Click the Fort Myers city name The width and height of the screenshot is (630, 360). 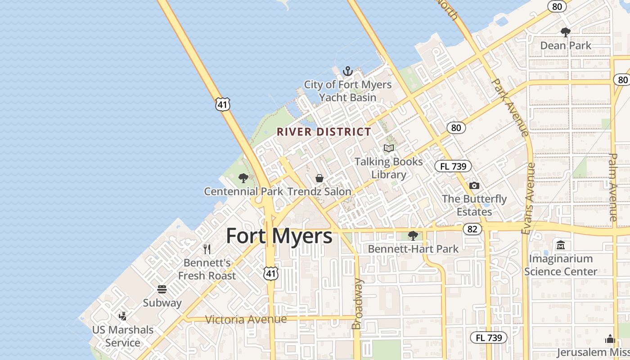[279, 236]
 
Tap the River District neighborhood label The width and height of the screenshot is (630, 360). [324, 132]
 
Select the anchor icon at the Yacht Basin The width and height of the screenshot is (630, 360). [347, 71]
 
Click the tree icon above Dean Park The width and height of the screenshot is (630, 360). [566, 32]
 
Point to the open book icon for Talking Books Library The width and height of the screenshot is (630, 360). [389, 148]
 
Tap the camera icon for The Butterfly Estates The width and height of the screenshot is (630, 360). [474, 185]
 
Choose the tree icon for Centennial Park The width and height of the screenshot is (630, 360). [243, 178]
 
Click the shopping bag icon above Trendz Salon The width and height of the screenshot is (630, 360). [319, 178]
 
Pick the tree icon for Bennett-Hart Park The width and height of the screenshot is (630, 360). [413, 235]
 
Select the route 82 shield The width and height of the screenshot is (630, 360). [472, 229]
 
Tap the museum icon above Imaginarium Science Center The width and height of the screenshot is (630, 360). [561, 245]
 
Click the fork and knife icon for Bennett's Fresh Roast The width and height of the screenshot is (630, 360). [207, 249]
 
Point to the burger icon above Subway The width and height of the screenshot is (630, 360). [162, 289]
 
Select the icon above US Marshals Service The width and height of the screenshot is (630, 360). [122, 316]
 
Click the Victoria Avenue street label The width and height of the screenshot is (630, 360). [246, 319]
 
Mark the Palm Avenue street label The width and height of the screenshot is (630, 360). [613, 187]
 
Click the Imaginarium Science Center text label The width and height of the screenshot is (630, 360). [561, 265]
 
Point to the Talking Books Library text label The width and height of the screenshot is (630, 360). [389, 168]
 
